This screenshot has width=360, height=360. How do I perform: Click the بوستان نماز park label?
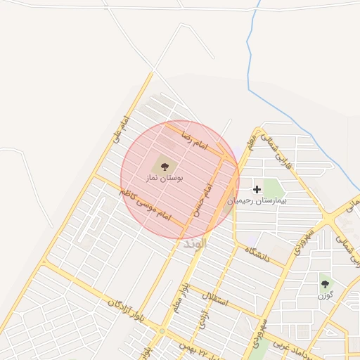[164, 180]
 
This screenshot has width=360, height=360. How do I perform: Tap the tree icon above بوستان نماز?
[165, 167]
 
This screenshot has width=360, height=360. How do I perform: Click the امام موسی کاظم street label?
[145, 204]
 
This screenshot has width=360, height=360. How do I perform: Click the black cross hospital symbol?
[257, 188]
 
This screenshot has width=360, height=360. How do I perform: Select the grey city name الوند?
[194, 244]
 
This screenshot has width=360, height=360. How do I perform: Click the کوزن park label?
[324, 296]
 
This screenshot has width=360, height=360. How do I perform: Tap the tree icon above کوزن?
[324, 284]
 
